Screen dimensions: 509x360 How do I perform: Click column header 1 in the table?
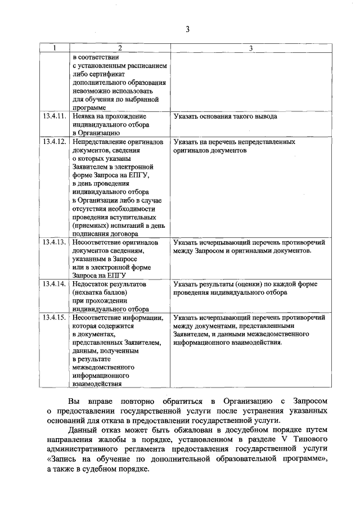tap(54, 49)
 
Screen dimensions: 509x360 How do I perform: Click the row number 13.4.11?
tap(54, 116)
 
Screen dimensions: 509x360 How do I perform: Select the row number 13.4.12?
tap(54, 142)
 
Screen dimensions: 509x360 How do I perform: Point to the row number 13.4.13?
tap(54, 242)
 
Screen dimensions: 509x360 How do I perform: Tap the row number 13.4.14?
tap(54, 284)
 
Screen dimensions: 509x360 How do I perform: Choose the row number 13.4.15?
tap(54, 318)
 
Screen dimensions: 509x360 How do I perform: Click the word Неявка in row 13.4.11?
tap(85, 116)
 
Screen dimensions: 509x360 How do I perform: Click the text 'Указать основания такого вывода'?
tap(225, 116)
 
